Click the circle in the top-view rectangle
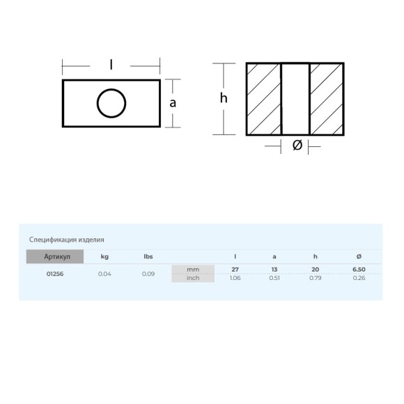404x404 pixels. [97, 103]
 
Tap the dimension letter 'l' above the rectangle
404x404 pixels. [111, 65]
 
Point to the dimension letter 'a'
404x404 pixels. [173, 103]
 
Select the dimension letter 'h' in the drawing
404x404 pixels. [224, 98]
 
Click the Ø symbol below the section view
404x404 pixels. [297, 145]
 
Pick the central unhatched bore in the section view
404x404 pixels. [295, 99]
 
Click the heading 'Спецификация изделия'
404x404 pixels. [66, 240]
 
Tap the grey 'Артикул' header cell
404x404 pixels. [55, 256]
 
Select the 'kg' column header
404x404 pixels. [104, 256]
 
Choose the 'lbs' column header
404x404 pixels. [148, 256]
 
